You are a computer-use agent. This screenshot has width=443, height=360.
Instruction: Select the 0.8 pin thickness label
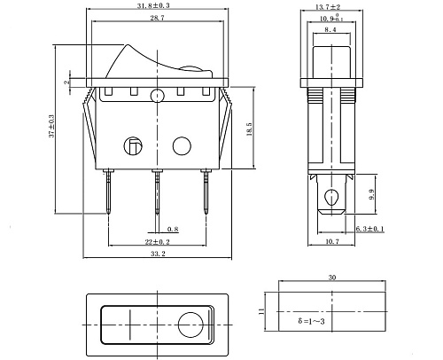[x=171, y=228]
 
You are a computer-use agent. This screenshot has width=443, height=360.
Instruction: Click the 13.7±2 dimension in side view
[x=327, y=6]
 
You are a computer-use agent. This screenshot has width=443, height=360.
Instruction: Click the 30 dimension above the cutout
[x=331, y=278]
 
